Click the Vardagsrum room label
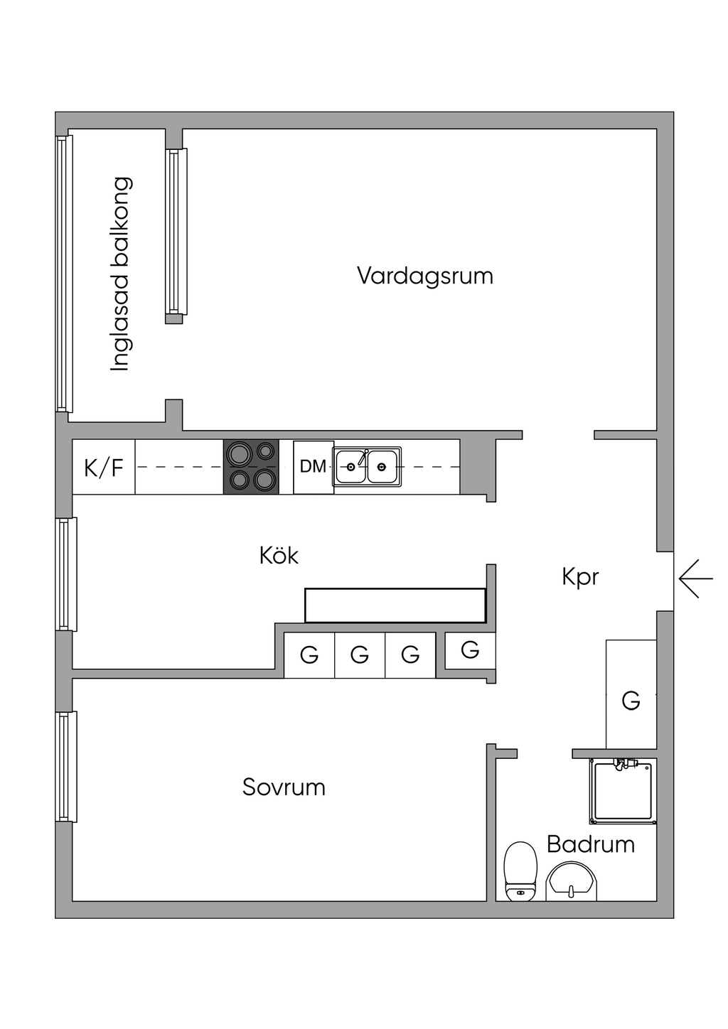[x=425, y=276]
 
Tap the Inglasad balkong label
[x=122, y=274]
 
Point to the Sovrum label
[x=284, y=787]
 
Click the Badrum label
[x=591, y=844]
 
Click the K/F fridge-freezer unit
[x=104, y=467]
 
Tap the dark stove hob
[x=251, y=467]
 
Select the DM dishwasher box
[x=314, y=467]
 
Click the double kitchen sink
[x=367, y=467]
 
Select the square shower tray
[x=623, y=792]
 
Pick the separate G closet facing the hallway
[x=470, y=650]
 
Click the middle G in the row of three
[x=360, y=655]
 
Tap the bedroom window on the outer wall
[x=66, y=767]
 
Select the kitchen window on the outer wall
[x=66, y=574]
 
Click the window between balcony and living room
[x=176, y=232]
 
